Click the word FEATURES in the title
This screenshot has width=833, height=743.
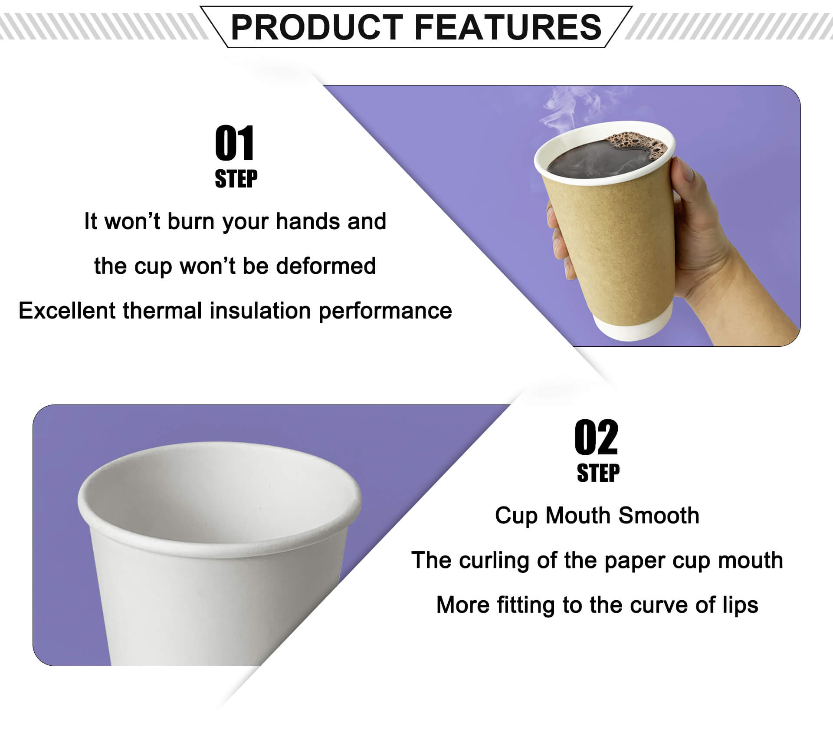[x=508, y=27]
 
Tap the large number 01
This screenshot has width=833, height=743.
[x=235, y=143]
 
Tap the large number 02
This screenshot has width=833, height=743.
[x=596, y=437]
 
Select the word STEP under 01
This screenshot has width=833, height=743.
[x=236, y=179]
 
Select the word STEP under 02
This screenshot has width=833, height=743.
[x=598, y=473]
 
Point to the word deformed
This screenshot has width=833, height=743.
[x=326, y=266]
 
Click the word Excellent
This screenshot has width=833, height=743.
[x=68, y=311]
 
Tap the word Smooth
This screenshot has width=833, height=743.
[x=659, y=516]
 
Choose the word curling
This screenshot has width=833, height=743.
[x=494, y=561]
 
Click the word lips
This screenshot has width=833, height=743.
[x=740, y=605]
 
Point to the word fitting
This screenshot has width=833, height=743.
[x=525, y=605]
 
